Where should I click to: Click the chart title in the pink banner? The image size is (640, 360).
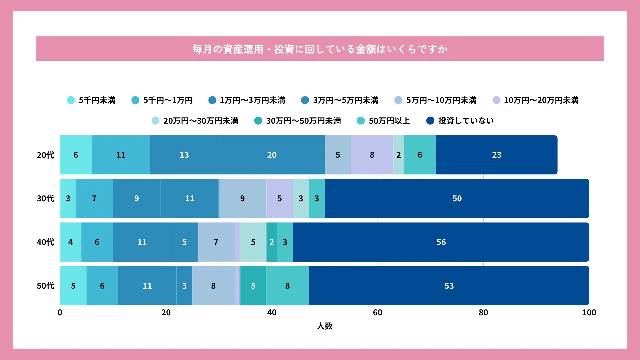[x=320, y=49]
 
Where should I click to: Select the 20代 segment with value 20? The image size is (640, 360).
[x=272, y=155]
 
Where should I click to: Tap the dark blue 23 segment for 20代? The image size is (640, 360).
[x=496, y=155]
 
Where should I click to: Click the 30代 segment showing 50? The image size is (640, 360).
[x=457, y=198]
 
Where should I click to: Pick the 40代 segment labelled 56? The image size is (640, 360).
[x=441, y=242]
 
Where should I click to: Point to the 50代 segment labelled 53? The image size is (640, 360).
[x=449, y=286]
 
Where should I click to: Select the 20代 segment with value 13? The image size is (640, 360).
[x=184, y=155]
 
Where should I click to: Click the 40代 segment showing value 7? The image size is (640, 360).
[x=216, y=242]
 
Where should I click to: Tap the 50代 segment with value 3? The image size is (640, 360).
[x=184, y=286]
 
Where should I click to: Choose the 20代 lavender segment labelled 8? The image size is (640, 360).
[x=372, y=155]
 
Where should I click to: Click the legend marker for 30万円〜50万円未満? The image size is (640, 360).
[x=258, y=121]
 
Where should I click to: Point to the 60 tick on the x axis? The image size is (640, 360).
[x=377, y=312]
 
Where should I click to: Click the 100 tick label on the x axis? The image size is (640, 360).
[x=589, y=312]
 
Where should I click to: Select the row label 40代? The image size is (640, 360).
[x=45, y=242]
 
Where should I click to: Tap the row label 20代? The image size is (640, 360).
[x=45, y=155]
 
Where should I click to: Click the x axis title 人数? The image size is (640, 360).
[x=324, y=326]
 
